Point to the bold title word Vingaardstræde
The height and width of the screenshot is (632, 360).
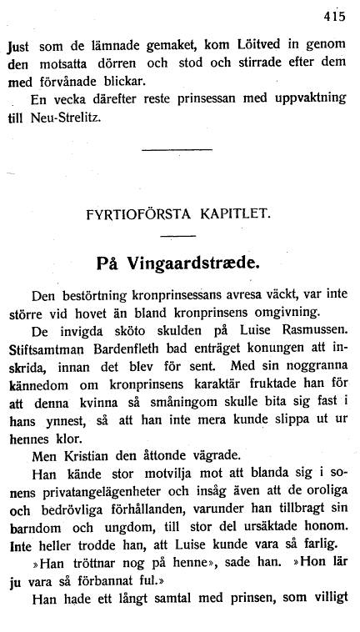(x=192, y=263)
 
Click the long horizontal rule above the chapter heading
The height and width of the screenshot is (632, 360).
(x=177, y=150)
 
